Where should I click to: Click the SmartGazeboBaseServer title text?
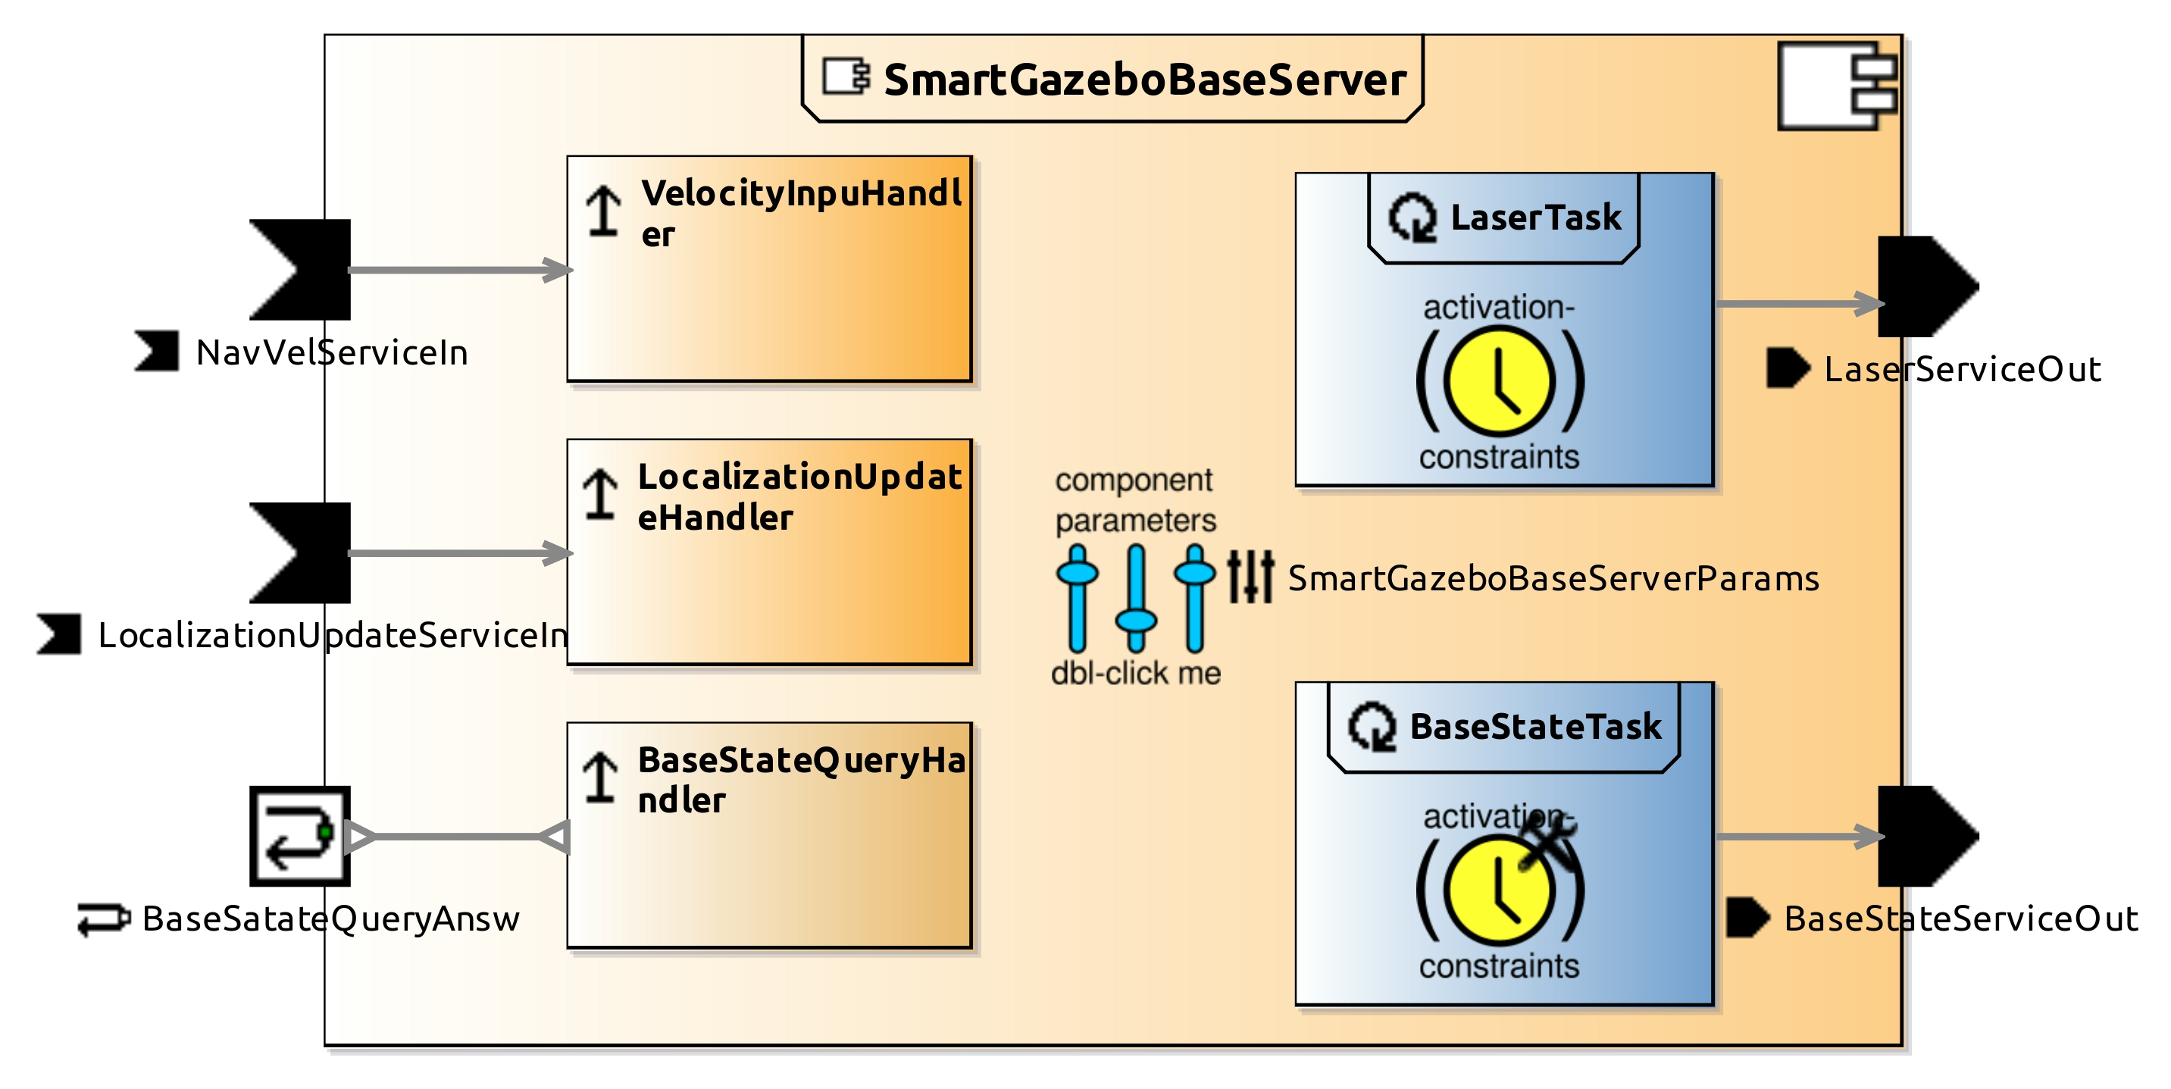[1143, 81]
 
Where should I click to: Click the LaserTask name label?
[1534, 217]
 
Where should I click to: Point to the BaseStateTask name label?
[1534, 727]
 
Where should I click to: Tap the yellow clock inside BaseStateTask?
[1497, 890]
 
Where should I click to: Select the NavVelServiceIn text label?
[331, 352]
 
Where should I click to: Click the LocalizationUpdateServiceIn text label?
[333, 636]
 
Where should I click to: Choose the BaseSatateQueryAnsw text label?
[330, 918]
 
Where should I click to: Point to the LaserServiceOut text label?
[1961, 369]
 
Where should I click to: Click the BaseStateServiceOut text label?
[1960, 918]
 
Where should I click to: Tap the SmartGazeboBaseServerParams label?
[1553, 579]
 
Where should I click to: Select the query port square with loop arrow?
[299, 835]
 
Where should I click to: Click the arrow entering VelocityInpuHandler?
[459, 270]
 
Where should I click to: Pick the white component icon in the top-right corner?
[1838, 86]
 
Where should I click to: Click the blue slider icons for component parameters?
[1135, 598]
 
